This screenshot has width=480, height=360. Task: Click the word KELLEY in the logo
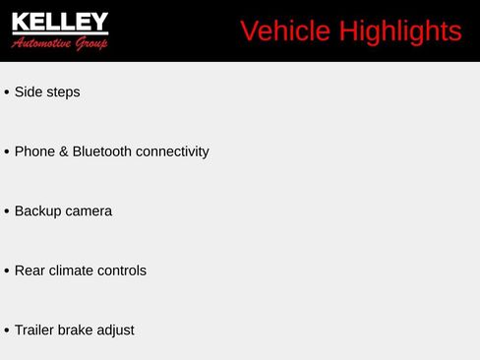tap(59, 22)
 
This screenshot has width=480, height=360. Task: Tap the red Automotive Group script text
tap(59, 42)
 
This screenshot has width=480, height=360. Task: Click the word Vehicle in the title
tap(285, 31)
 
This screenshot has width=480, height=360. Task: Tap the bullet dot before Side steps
tap(7, 92)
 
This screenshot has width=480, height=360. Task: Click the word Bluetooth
tap(102, 151)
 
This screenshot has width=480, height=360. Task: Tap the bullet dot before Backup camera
tap(7, 211)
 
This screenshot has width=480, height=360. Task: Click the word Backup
tap(37, 211)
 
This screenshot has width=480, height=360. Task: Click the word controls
tap(124, 270)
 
